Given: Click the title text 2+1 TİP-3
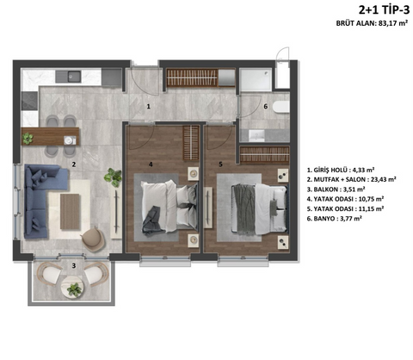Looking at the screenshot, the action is click(x=384, y=10).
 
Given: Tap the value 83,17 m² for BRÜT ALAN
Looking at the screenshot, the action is click(x=393, y=23).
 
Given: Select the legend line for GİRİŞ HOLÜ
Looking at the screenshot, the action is click(x=341, y=170).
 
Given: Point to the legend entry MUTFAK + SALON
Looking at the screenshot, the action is click(x=351, y=179).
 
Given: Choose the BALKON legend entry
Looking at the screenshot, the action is click(x=336, y=189).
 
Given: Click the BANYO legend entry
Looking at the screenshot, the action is click(x=334, y=219).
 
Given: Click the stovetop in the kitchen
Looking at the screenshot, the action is click(x=30, y=101).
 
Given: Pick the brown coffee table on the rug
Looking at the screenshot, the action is click(x=70, y=212).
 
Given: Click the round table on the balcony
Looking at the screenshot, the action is click(x=73, y=287).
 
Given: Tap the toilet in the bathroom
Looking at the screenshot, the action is click(x=281, y=107).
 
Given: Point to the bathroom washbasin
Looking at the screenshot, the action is click(x=256, y=135).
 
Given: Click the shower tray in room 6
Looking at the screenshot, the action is click(x=256, y=80).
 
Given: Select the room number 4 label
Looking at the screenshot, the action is click(x=151, y=164).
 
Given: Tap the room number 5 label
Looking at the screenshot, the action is click(x=220, y=164).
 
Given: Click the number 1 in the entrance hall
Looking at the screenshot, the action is click(x=148, y=107).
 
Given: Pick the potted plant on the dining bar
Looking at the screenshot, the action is click(x=28, y=138).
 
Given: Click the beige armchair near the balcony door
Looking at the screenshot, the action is click(x=93, y=236).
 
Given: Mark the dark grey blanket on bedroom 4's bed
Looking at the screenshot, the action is click(x=152, y=219).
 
